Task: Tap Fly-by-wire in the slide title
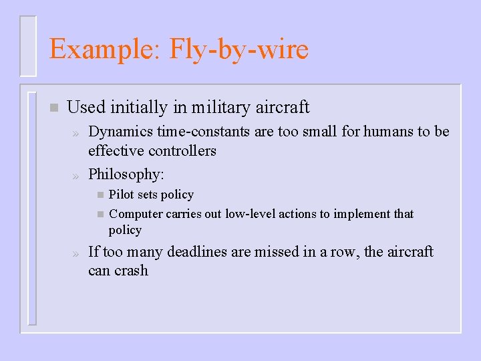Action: coord(239,49)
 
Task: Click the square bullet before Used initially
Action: coord(54,108)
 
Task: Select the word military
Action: coord(221,107)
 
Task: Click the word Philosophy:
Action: coord(126,174)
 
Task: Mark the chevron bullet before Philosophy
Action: coord(76,175)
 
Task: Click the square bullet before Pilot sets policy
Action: coord(100,195)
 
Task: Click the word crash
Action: coord(132,271)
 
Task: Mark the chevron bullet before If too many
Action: coord(76,253)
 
